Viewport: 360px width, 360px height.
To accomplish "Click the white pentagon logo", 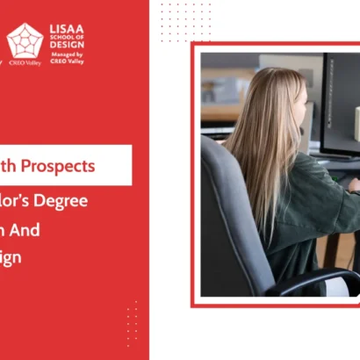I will click(x=25, y=40).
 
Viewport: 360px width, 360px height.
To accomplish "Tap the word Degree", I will click(x=66, y=200).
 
